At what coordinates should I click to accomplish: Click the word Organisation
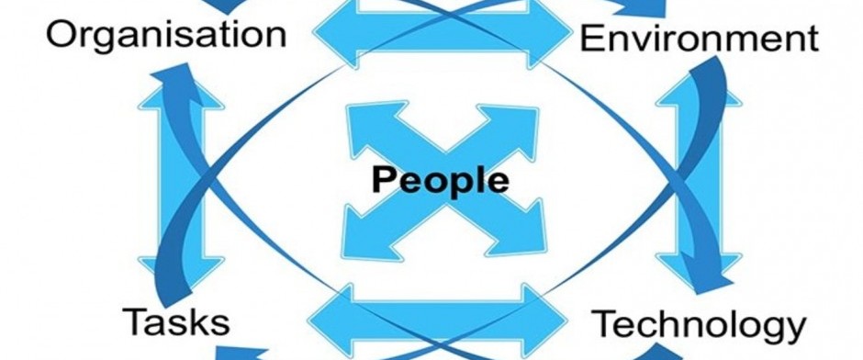(166, 36)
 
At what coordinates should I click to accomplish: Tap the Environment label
(700, 39)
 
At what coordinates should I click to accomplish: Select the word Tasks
(176, 322)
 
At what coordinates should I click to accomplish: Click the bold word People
(441, 181)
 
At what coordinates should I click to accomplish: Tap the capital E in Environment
(591, 39)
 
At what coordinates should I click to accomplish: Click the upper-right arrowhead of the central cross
(510, 128)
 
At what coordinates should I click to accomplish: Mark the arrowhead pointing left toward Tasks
(331, 320)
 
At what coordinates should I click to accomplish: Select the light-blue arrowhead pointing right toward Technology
(544, 319)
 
